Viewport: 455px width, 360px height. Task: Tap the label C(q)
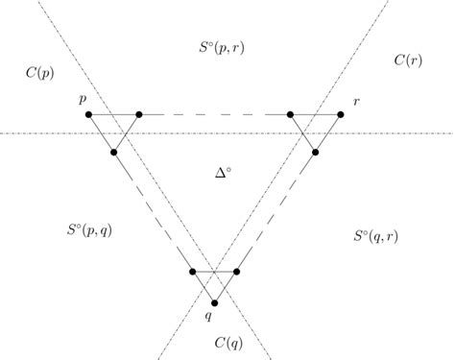227,341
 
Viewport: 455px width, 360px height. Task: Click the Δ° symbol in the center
224,172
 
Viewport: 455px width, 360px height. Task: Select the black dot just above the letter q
215,303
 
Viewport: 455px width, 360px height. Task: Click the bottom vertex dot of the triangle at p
114,152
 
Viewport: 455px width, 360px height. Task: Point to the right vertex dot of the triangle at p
140,115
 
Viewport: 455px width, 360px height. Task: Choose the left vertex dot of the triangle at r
291,115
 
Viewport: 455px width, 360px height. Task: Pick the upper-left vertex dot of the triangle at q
194,273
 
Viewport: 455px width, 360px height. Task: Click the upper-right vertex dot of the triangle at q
236,273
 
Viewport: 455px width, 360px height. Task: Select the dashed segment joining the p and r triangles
215,115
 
